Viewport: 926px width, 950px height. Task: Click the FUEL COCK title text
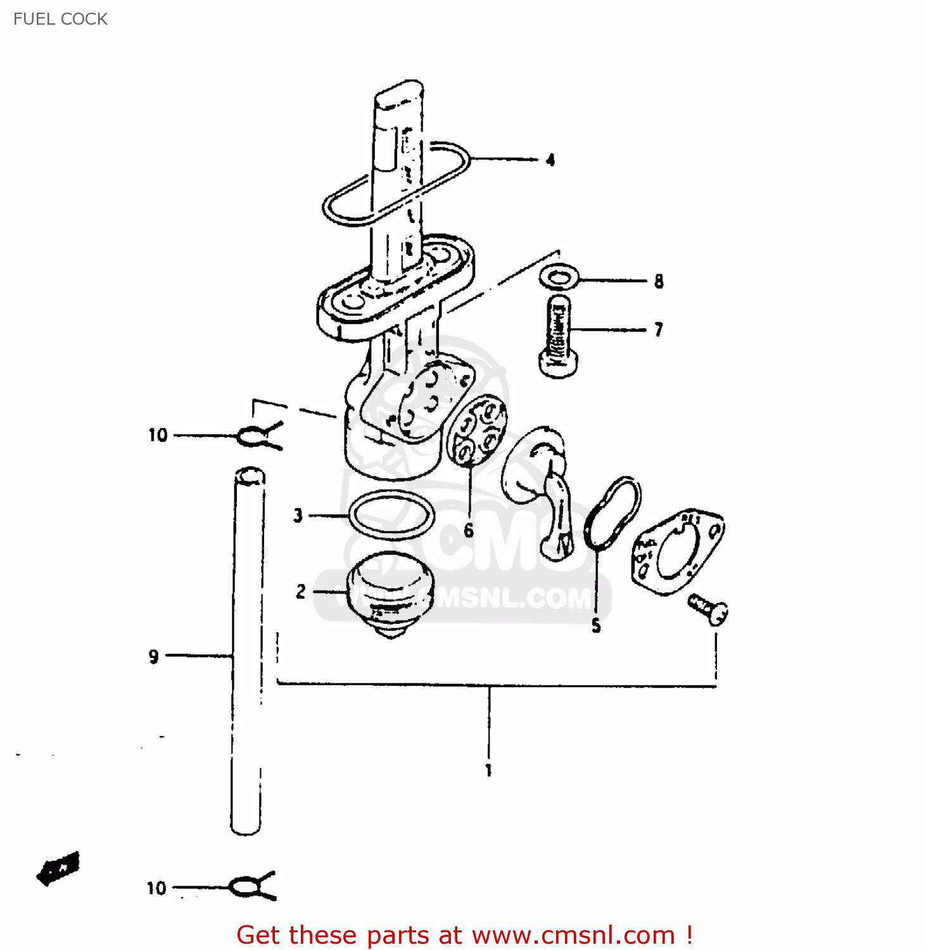(60, 19)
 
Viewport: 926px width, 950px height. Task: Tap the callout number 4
(550, 160)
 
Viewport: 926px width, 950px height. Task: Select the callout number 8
(659, 281)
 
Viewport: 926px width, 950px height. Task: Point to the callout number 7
(659, 329)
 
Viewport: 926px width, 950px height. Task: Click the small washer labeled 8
(559, 277)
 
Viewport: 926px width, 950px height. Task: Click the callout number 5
(596, 626)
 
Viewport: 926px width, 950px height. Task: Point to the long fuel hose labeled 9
(247, 652)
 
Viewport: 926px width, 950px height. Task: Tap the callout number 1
(488, 770)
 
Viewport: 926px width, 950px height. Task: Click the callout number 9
(153, 657)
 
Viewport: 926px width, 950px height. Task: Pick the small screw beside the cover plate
(709, 609)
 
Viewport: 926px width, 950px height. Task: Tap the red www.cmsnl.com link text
(573, 935)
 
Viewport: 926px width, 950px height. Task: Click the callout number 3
(298, 516)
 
